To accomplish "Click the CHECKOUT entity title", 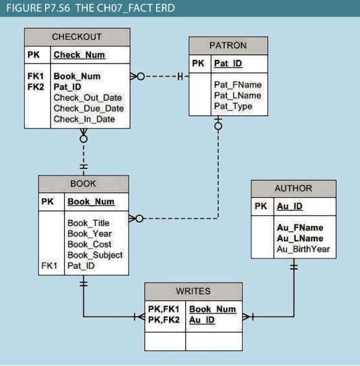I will point(77,37).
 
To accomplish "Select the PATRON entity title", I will point(227,45).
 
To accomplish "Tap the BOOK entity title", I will point(83,184).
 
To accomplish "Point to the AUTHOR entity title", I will point(293,188).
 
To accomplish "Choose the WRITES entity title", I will point(193,291).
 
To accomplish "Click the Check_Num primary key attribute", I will point(79,55).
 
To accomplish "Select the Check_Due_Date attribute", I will point(88,108).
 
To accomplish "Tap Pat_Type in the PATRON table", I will point(233,106).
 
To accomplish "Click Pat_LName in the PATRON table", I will point(237,95).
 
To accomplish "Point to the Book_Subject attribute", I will point(94,255).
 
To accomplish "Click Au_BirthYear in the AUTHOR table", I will point(303,249).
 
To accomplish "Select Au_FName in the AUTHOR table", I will point(299,228).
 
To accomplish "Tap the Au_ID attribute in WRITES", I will point(201,320).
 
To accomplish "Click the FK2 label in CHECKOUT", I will point(36,87).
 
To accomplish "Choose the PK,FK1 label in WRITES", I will point(164,309).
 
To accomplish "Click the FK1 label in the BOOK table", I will point(49,266).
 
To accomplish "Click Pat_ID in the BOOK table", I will point(81,266).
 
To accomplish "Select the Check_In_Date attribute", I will point(84,119).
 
